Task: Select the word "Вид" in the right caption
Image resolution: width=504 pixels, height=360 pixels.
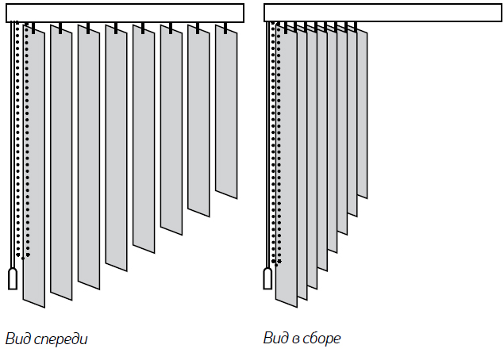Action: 276,339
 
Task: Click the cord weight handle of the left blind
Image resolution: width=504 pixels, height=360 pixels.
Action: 12,279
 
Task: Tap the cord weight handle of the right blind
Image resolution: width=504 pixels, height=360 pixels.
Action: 267,279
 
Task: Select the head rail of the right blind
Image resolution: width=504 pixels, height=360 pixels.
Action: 383,13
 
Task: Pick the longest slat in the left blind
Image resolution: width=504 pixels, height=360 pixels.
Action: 34,167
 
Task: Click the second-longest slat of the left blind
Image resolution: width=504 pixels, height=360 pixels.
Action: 62,163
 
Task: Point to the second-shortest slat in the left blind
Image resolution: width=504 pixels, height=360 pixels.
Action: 198,119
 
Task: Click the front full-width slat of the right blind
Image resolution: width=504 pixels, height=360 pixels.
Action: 286,167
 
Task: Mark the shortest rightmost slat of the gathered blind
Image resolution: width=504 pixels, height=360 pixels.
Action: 363,111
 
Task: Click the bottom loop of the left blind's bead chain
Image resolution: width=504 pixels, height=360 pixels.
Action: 22,256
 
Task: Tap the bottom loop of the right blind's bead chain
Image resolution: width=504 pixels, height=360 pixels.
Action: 276,261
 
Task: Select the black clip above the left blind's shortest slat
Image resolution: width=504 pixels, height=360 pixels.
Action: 226,29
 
